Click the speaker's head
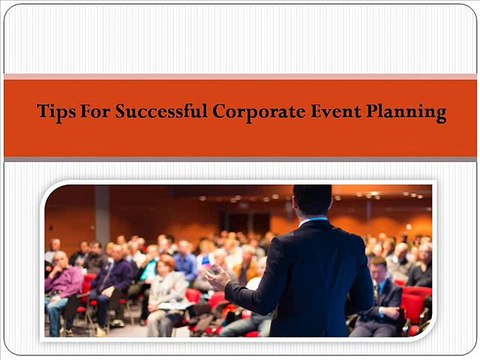312,200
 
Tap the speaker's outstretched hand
214,271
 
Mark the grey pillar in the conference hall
101,215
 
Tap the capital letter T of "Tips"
42,112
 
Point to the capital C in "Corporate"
220,112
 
